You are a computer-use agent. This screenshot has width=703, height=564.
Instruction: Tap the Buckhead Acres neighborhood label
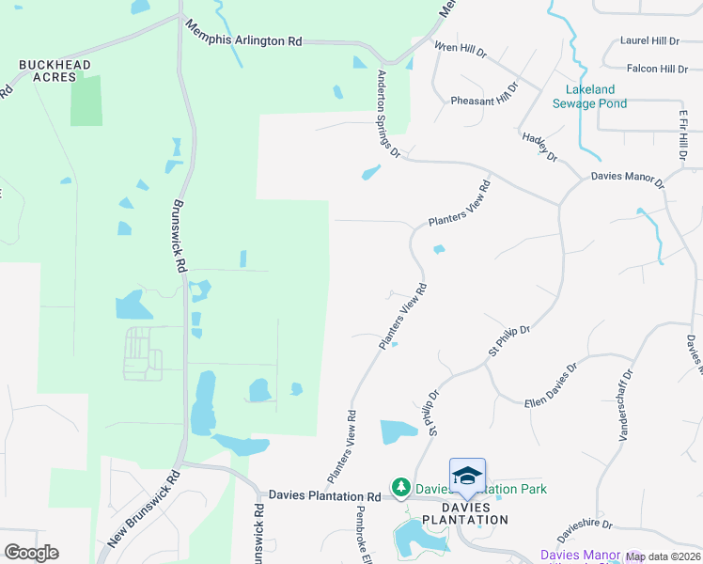[x=55, y=70]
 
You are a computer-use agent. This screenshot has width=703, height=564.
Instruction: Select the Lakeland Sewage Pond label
[x=596, y=97]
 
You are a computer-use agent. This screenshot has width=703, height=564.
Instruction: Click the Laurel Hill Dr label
[x=648, y=41]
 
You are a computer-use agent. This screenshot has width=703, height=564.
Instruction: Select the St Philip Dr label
[x=509, y=340]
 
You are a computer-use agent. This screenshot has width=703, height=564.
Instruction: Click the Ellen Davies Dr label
[x=550, y=385]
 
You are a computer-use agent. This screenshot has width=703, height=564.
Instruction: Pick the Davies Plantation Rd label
[x=324, y=495]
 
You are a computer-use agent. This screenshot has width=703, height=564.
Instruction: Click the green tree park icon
[x=401, y=487]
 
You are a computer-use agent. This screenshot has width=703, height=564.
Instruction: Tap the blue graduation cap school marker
[x=467, y=476]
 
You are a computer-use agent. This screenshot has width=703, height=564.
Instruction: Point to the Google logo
[x=31, y=553]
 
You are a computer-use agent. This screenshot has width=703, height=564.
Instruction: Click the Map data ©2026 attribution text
[x=662, y=556]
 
